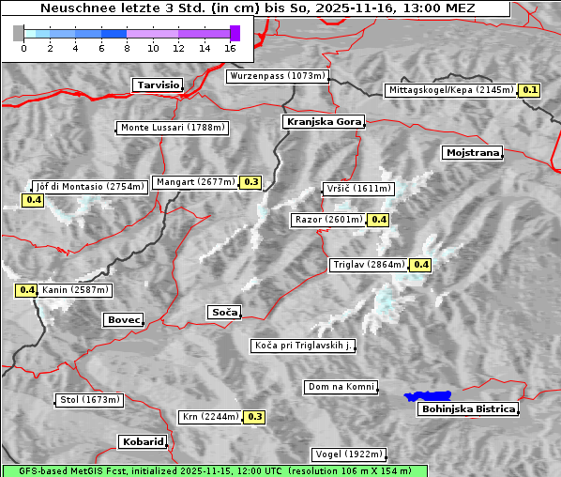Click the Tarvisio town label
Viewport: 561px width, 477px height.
tap(158, 85)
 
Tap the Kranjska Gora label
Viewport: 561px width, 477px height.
tap(322, 122)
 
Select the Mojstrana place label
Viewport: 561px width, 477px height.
tap(472, 152)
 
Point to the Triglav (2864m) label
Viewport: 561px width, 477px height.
tap(369, 265)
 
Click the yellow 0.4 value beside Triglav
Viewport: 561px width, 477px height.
tap(421, 265)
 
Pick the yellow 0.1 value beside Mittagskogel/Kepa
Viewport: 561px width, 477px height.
tap(530, 90)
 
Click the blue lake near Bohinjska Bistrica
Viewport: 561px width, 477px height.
tap(427, 396)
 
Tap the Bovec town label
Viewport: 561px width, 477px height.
tap(123, 319)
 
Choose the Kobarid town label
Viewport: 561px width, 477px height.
tap(143, 441)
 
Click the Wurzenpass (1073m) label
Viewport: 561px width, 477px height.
tap(277, 76)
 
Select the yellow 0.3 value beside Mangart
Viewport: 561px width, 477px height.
tap(250, 182)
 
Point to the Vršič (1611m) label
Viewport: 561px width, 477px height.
tap(356, 189)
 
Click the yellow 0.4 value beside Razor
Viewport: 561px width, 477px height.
tap(378, 220)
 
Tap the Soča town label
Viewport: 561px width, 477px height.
tap(224, 312)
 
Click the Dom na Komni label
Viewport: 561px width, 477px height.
tap(341, 387)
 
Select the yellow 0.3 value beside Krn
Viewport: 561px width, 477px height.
tap(254, 417)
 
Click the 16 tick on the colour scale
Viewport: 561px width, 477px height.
tap(231, 48)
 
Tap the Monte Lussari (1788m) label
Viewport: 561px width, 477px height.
tap(173, 128)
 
